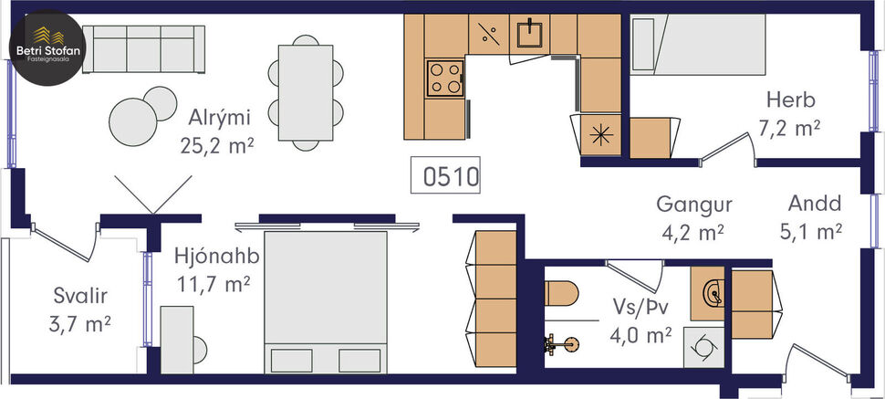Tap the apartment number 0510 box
[x=451, y=175]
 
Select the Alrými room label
[x=220, y=118]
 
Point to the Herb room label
[x=790, y=100]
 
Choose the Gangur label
[x=694, y=205]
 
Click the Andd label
[x=814, y=205]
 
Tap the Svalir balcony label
[x=80, y=296]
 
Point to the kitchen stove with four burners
[x=445, y=78]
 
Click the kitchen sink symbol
[x=529, y=35]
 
